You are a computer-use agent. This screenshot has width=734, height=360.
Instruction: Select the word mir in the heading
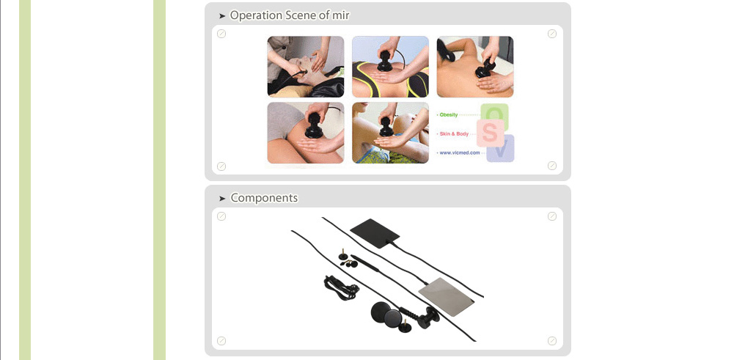[x=340, y=16]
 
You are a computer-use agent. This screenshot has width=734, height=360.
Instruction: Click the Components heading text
[x=264, y=198]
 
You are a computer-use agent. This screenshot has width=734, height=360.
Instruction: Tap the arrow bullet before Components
[x=222, y=199]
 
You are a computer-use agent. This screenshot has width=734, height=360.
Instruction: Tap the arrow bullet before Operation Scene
[x=222, y=16]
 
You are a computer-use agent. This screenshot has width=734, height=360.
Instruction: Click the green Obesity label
[x=449, y=114]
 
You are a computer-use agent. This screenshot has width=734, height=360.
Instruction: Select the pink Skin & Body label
[x=454, y=134]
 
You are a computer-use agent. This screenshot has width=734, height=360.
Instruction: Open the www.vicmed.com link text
[x=460, y=153]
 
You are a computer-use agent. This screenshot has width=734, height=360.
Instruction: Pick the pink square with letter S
[x=490, y=133]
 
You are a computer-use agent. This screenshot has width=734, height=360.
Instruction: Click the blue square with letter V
[x=500, y=149]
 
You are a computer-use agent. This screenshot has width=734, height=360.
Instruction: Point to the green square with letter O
[x=494, y=114]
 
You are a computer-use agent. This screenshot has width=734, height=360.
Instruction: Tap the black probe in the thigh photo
[x=313, y=125]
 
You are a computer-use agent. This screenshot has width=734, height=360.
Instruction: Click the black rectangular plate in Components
[x=375, y=230]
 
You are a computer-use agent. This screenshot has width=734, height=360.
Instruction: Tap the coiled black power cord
[x=341, y=287]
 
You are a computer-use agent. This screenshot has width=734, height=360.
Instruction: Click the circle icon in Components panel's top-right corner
[x=552, y=216]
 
